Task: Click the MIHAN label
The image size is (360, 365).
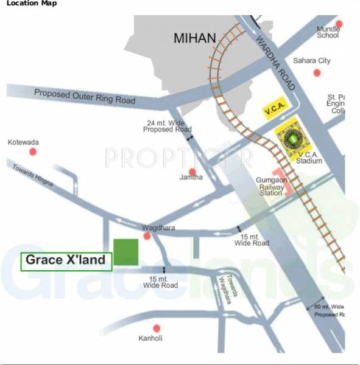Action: [195, 39]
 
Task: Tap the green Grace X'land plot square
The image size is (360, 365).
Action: [126, 252]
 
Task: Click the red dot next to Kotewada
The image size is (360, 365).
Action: [34, 151]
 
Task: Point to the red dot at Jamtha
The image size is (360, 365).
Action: [192, 172]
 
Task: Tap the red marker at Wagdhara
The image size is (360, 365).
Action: [147, 235]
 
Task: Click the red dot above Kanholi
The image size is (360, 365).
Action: [157, 328]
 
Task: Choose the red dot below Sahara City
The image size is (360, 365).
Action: [317, 72]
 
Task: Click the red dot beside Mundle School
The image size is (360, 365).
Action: [339, 24]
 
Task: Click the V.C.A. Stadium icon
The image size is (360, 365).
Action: [294, 139]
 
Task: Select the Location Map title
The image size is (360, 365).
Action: [32, 4]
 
